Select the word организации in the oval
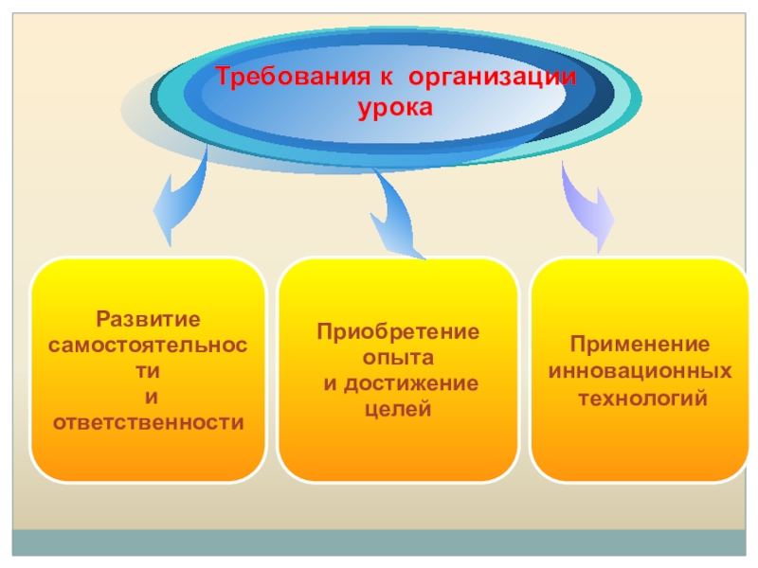(x=497, y=77)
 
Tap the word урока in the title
(x=394, y=108)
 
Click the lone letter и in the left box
(x=148, y=396)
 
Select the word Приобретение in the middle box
(x=398, y=332)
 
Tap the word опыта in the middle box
(x=398, y=358)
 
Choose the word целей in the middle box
(x=398, y=409)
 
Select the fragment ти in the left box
(x=148, y=370)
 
